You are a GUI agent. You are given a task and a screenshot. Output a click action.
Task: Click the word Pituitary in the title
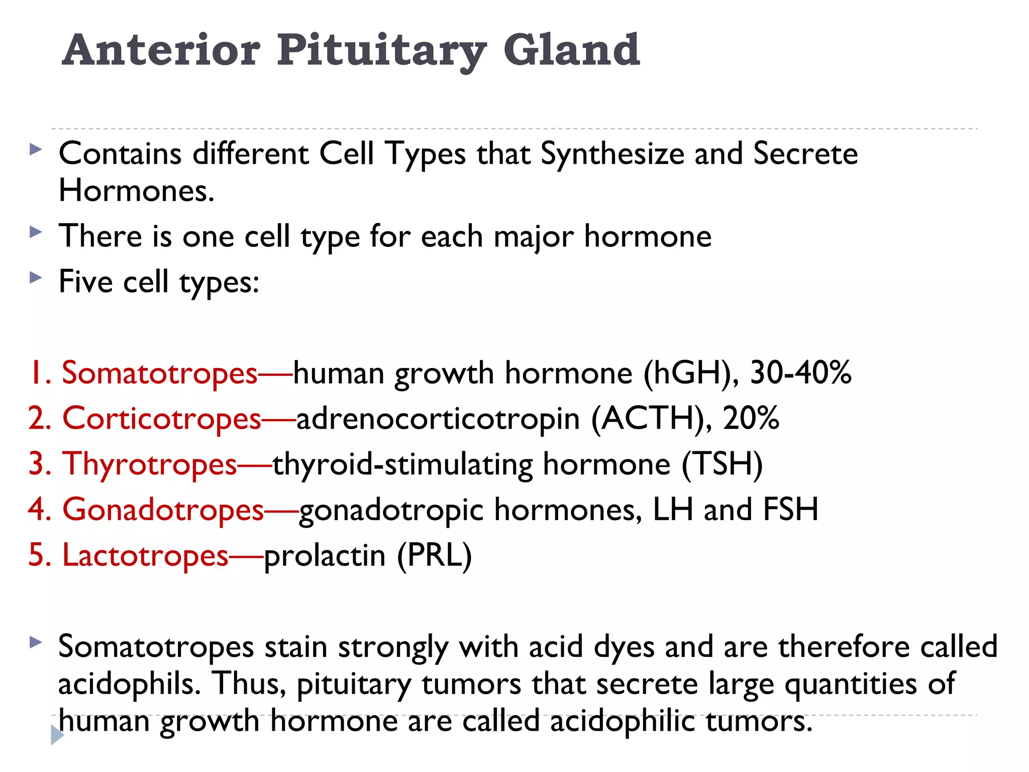point(382,50)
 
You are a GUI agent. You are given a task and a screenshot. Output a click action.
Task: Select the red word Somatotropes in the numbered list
point(159,373)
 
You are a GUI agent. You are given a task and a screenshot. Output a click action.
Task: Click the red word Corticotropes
point(161,419)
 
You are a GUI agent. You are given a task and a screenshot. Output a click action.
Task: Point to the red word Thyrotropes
point(149,464)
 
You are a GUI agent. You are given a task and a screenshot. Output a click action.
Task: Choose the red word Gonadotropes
point(163,510)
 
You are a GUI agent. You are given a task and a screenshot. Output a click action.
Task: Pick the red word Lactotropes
point(145,555)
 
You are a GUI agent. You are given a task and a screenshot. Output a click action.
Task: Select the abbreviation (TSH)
point(722,464)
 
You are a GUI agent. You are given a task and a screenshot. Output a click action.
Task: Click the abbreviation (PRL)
point(435,555)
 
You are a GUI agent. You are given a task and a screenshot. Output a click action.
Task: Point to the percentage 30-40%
point(801,373)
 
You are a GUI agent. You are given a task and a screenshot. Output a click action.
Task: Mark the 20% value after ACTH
point(751,419)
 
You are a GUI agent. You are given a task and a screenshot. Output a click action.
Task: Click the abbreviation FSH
point(791,510)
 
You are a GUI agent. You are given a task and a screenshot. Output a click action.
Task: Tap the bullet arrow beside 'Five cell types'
point(36,277)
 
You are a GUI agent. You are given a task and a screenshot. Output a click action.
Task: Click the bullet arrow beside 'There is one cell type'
point(36,232)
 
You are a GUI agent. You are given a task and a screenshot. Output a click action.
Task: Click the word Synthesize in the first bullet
point(612,154)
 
